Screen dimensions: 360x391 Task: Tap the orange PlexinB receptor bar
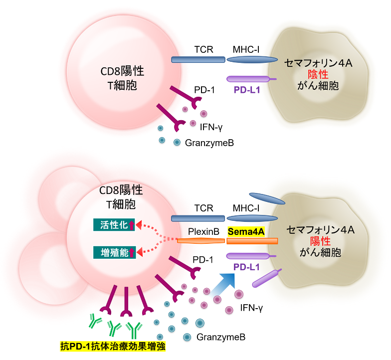tap(200, 241)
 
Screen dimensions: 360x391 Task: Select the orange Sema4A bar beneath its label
tap(252, 241)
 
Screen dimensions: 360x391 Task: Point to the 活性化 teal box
tap(114, 225)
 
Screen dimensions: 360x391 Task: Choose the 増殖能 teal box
tap(114, 252)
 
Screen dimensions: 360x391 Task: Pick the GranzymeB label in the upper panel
tap(209, 143)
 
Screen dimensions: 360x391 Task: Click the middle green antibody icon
tap(115, 327)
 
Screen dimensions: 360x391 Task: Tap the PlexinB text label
tap(201, 232)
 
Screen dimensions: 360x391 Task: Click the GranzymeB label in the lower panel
tap(221, 337)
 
